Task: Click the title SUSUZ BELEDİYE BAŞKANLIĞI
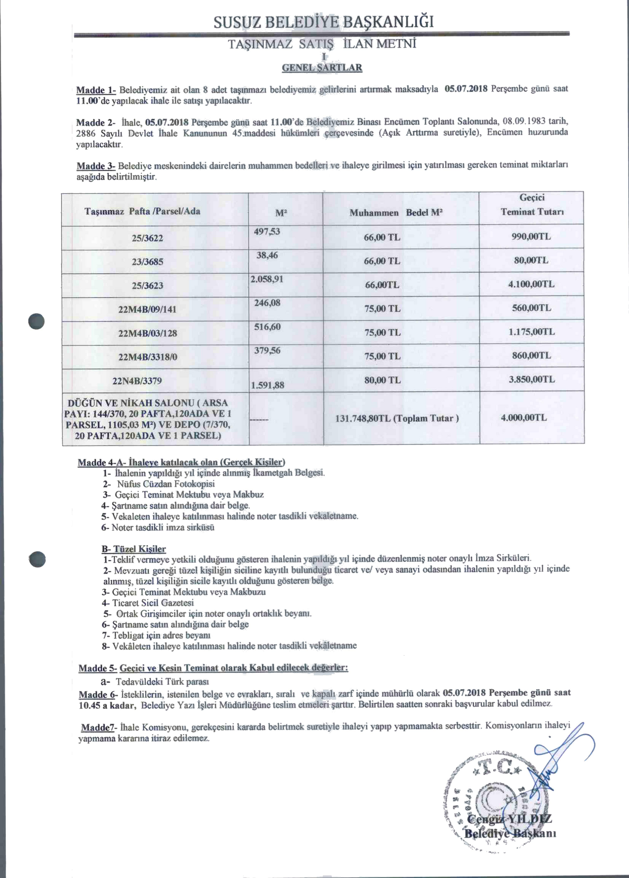pyautogui.click(x=323, y=22)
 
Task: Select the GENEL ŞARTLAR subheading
pyautogui.click(x=322, y=68)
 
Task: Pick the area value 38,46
pyautogui.click(x=267, y=255)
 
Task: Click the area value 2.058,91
pyautogui.click(x=267, y=279)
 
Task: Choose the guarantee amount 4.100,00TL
pyautogui.click(x=531, y=284)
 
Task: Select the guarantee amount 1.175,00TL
pyautogui.click(x=531, y=332)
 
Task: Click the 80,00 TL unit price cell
pyautogui.click(x=382, y=380)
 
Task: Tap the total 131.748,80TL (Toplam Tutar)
pyautogui.click(x=397, y=418)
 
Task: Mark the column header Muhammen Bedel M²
pyautogui.click(x=396, y=213)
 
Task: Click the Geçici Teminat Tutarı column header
pyautogui.click(x=532, y=205)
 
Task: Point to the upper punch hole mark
pyautogui.click(x=37, y=321)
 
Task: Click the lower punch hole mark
pyautogui.click(x=37, y=559)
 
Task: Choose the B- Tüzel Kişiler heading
pyautogui.click(x=133, y=549)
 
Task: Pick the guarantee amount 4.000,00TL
pyautogui.click(x=524, y=418)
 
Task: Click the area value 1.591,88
pyautogui.click(x=267, y=385)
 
